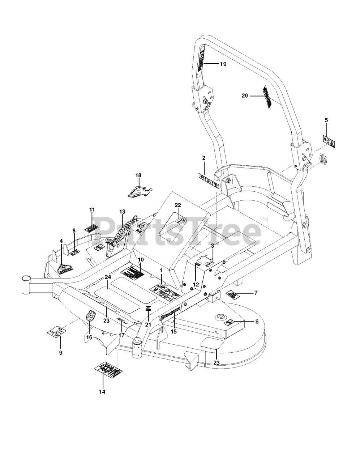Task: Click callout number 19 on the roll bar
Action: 223,64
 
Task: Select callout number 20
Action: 245,95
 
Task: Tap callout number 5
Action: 326,120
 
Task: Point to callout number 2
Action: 203,158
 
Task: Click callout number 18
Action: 138,175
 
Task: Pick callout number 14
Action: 102,391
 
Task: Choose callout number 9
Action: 60,352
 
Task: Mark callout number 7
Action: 256,293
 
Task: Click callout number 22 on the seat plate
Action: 178,205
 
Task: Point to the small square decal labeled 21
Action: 148,308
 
